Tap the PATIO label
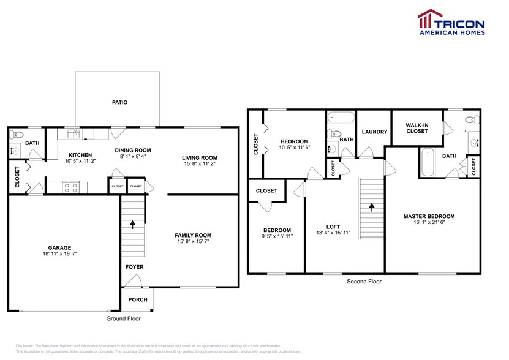(x=119, y=103)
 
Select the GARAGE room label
(x=60, y=247)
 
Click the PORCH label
(x=137, y=300)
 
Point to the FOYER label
(x=135, y=267)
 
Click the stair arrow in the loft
(x=371, y=207)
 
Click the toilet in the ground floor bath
(x=17, y=135)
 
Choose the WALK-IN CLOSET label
(x=417, y=127)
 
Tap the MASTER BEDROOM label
(x=429, y=216)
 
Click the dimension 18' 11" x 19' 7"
(x=60, y=253)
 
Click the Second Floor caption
(x=364, y=282)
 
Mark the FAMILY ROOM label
(x=193, y=235)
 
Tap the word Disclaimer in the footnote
(x=25, y=346)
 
